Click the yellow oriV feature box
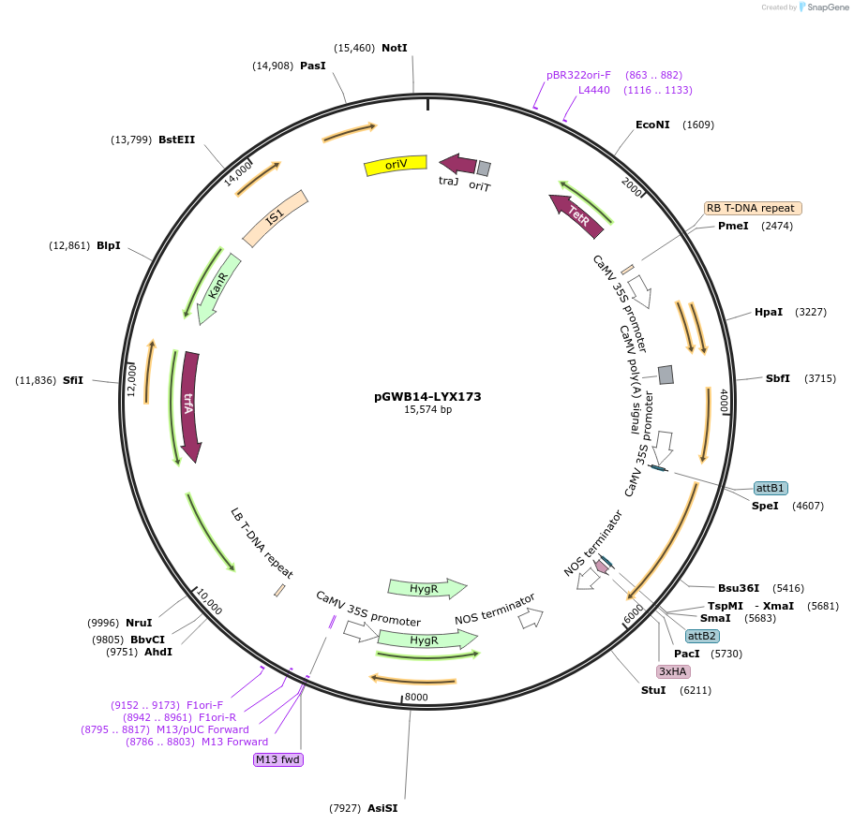point(396,165)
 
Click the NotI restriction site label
point(395,48)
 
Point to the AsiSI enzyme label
point(382,808)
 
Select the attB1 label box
point(771,488)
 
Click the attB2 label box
point(702,636)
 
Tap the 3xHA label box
point(673,671)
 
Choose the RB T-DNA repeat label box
point(753,208)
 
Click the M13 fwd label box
point(277,759)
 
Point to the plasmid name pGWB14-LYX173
point(427,397)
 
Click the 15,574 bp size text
point(427,410)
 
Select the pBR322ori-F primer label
point(578,75)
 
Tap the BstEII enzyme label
point(176,140)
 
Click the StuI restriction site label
point(653,690)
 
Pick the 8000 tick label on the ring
point(415,698)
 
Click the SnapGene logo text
point(824,7)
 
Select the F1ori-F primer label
point(204,705)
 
